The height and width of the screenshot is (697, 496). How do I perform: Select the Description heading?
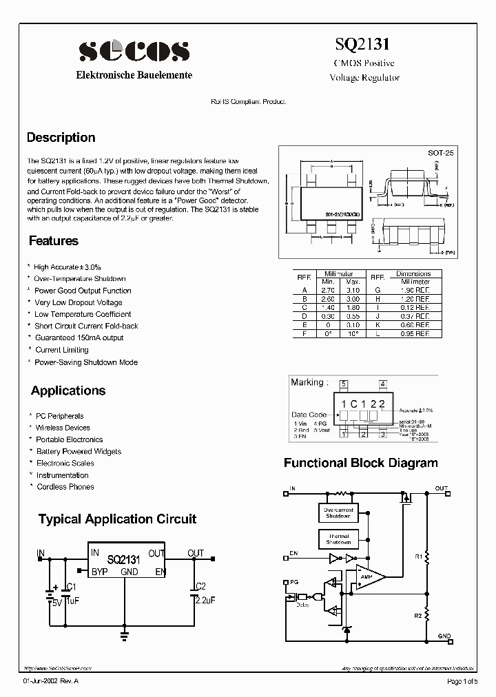coord(61,138)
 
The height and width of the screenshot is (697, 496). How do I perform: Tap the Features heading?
coord(54,241)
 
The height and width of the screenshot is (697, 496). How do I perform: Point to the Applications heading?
coord(68,391)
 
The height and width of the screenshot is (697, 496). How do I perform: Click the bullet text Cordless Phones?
coord(65,487)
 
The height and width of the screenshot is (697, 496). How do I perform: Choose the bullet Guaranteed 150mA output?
coord(79,338)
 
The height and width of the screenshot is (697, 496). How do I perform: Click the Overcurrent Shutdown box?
coord(338,512)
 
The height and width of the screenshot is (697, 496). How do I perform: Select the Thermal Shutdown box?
coord(338,539)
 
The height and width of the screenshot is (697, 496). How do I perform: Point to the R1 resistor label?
coord(418,555)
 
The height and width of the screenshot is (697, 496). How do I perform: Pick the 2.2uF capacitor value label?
coord(205,601)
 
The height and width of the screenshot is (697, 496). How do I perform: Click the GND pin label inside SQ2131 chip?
coord(130,572)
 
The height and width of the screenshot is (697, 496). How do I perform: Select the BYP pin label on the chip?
coord(99,572)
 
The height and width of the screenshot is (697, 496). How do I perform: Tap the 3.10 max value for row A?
coord(353,291)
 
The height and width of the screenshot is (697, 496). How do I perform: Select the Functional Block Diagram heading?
coord(360,463)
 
